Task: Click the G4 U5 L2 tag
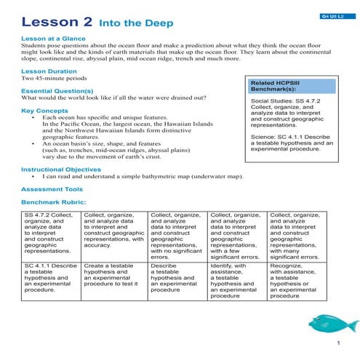334,15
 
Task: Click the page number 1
338,343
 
